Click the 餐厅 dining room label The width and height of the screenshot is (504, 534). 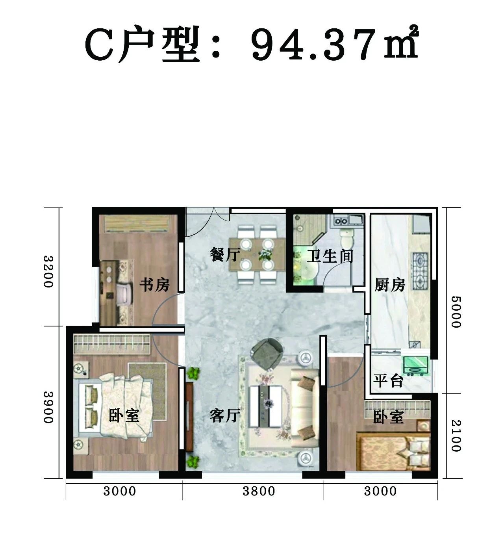click(x=225, y=255)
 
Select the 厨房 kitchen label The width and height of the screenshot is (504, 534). click(x=390, y=285)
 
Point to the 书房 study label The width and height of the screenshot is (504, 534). click(x=154, y=285)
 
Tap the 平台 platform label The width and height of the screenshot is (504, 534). click(x=388, y=381)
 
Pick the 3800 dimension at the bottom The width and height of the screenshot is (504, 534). click(x=259, y=491)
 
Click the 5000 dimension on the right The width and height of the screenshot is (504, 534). click(x=456, y=311)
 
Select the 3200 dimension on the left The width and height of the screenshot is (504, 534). click(x=48, y=272)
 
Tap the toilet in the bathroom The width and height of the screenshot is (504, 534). click(x=347, y=239)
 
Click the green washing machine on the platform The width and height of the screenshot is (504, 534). click(x=415, y=366)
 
